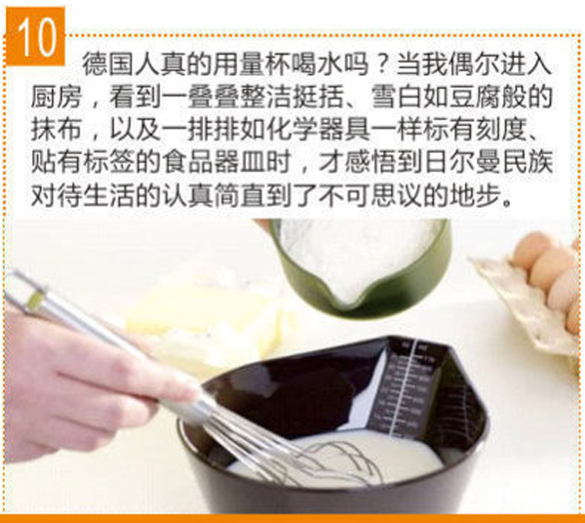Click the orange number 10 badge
click(x=35, y=36)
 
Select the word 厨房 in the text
click(x=56, y=97)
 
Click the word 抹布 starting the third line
click(x=56, y=130)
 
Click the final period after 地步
click(x=507, y=203)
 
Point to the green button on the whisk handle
click(x=35, y=299)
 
